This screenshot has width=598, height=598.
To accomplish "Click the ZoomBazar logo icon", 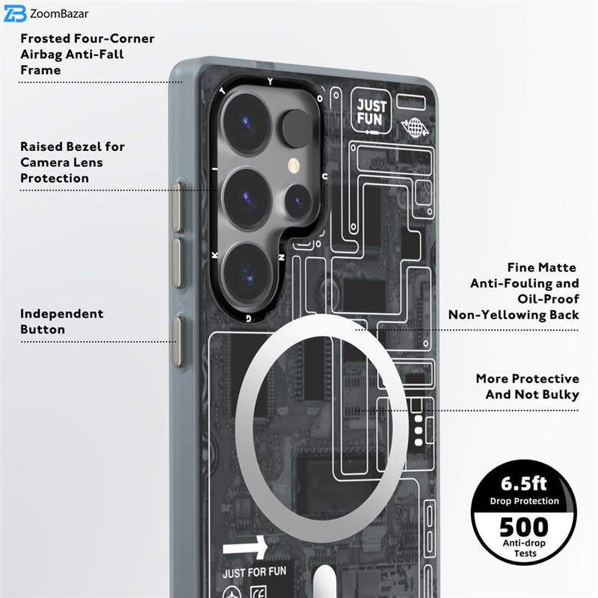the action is click(15, 13).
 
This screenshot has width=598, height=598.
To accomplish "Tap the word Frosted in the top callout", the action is click(45, 39).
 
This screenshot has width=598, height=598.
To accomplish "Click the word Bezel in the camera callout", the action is click(84, 147).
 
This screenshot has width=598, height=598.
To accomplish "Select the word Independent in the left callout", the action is click(62, 314).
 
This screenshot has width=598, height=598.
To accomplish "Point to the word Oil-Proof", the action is click(548, 299).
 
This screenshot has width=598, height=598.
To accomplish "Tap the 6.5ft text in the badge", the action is click(524, 484).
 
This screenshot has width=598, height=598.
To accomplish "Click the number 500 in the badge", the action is click(524, 527).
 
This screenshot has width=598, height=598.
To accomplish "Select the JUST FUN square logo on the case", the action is click(371, 111).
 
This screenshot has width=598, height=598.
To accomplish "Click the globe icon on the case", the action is click(415, 128).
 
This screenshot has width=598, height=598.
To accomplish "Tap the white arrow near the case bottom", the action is click(245, 548).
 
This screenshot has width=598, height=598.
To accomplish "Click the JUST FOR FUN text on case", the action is click(254, 573).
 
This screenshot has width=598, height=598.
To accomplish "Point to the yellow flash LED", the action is click(294, 165).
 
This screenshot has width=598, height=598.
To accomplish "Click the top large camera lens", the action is click(247, 123).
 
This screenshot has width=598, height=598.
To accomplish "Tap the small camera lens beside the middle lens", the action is click(298, 201).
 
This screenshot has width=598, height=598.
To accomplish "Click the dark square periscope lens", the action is click(298, 128).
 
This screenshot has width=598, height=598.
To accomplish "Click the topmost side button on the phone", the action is click(176, 207).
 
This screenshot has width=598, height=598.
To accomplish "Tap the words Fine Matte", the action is click(541, 268).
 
